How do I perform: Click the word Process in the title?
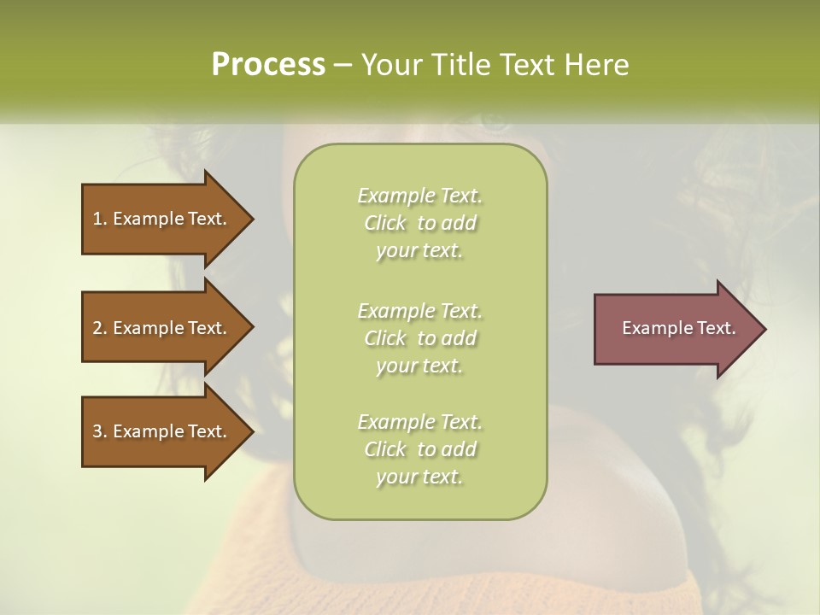pos(268,65)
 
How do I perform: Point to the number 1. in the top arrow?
pos(100,219)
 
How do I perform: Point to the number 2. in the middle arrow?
pos(100,328)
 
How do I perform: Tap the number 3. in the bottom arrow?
pos(100,431)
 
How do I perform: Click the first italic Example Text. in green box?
pos(419,196)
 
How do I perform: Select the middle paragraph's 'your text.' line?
pos(419,366)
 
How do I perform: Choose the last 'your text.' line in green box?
pos(419,477)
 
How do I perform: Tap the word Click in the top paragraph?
pos(385,223)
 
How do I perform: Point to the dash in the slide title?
pos(343,65)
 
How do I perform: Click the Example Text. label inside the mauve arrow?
pos(678,328)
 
